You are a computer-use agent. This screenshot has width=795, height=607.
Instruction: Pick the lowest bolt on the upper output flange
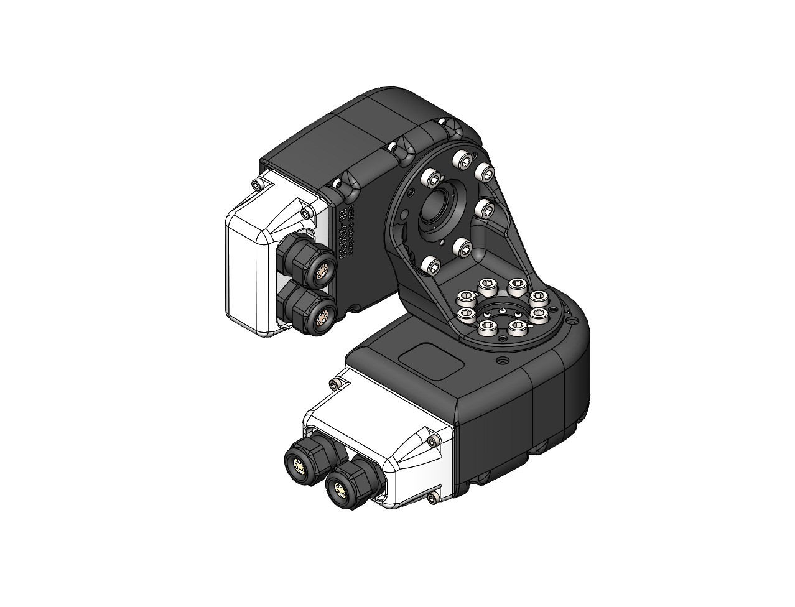pyautogui.click(x=431, y=267)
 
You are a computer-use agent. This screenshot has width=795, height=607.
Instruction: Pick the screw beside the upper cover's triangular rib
pyautogui.click(x=304, y=213)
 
